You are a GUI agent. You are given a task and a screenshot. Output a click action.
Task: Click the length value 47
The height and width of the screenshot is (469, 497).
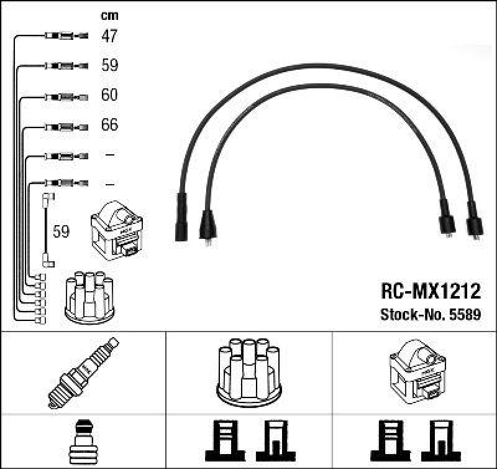click(109, 36)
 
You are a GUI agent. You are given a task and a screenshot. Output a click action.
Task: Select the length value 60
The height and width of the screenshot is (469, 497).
click(109, 95)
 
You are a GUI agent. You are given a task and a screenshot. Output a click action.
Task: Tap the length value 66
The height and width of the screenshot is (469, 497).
click(109, 125)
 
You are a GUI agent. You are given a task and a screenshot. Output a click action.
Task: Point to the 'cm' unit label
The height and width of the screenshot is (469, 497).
click(109, 16)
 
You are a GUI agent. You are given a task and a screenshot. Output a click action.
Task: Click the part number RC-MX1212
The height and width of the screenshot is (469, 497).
click(429, 291)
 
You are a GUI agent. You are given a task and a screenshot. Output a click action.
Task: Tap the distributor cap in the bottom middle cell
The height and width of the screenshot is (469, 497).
click(248, 371)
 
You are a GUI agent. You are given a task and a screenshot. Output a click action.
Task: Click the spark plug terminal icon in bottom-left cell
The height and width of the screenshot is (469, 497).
click(83, 442)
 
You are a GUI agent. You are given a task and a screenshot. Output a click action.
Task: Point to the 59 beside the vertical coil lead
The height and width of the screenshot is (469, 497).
click(61, 232)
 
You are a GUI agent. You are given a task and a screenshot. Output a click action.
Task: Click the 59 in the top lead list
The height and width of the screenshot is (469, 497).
click(109, 65)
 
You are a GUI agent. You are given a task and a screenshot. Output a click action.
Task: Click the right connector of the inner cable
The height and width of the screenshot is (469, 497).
click(445, 218)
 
